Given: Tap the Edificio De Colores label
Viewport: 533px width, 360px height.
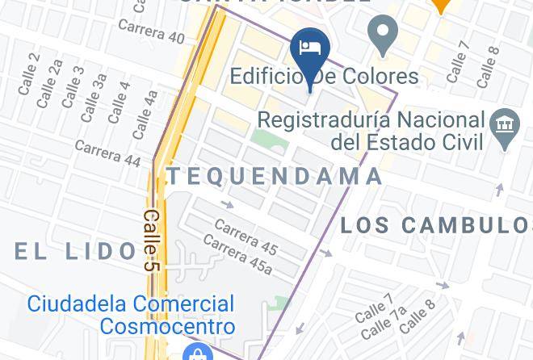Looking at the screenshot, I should [325, 77].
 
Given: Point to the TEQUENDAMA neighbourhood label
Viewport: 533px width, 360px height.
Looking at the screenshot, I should [275, 176].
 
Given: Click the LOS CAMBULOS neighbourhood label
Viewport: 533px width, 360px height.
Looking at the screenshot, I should [436, 224].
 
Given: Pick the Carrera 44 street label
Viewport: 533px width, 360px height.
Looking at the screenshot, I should [108, 152].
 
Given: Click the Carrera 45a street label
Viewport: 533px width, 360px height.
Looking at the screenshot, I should [237, 254].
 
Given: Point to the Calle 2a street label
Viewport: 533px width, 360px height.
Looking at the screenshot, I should [50, 77].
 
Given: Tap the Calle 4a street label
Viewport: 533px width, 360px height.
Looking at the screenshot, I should [145, 114].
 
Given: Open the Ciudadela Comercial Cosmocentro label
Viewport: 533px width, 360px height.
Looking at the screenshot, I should [131, 315].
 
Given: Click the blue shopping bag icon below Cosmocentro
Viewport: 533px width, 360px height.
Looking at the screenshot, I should [196, 353].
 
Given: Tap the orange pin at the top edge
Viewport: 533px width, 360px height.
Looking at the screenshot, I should [440, 5].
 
